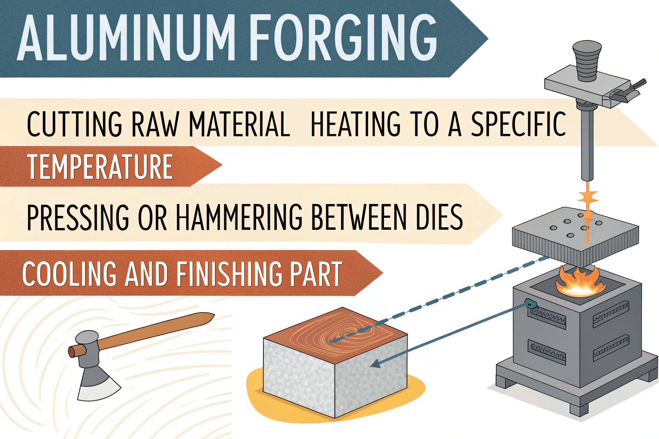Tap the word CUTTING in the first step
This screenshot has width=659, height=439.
point(74,125)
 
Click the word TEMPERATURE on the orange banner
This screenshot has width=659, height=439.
point(100,167)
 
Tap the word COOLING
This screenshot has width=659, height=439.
point(69,274)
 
